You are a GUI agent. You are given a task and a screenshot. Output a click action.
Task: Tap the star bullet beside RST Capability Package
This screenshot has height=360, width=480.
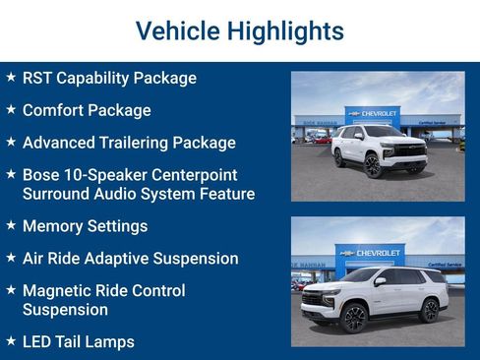[x=11, y=77]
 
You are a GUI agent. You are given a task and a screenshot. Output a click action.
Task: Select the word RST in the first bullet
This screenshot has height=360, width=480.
[x=37, y=78]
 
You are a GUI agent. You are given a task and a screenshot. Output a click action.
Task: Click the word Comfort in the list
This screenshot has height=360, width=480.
[x=54, y=110]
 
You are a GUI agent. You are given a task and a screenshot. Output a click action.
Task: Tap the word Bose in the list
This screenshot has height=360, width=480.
[x=41, y=174]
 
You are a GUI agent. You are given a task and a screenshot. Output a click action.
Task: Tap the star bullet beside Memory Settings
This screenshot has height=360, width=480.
[x=11, y=225]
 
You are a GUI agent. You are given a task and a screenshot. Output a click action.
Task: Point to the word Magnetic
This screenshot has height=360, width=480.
[x=60, y=291]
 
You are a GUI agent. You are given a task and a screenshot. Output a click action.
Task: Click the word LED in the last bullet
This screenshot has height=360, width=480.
[x=38, y=342]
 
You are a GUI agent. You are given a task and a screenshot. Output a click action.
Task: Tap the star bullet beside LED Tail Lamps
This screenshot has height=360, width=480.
[x=11, y=341]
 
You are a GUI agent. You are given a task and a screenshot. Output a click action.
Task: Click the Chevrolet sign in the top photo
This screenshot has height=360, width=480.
[x=372, y=114]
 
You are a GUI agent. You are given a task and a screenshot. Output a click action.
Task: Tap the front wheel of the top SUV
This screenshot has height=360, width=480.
[x=373, y=166]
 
